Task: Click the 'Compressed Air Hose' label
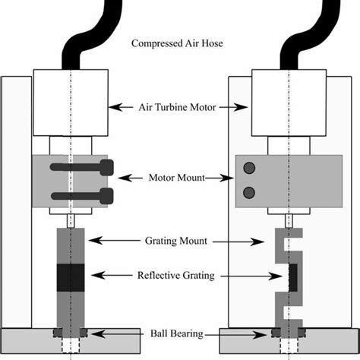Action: coord(179,43)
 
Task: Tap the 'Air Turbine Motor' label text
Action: coord(179,109)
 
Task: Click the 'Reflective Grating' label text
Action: coord(179,274)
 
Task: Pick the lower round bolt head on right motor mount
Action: coord(248,193)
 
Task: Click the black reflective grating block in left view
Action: coord(71,276)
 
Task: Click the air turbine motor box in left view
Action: coord(71,102)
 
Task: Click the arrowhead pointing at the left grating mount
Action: coord(92,241)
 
